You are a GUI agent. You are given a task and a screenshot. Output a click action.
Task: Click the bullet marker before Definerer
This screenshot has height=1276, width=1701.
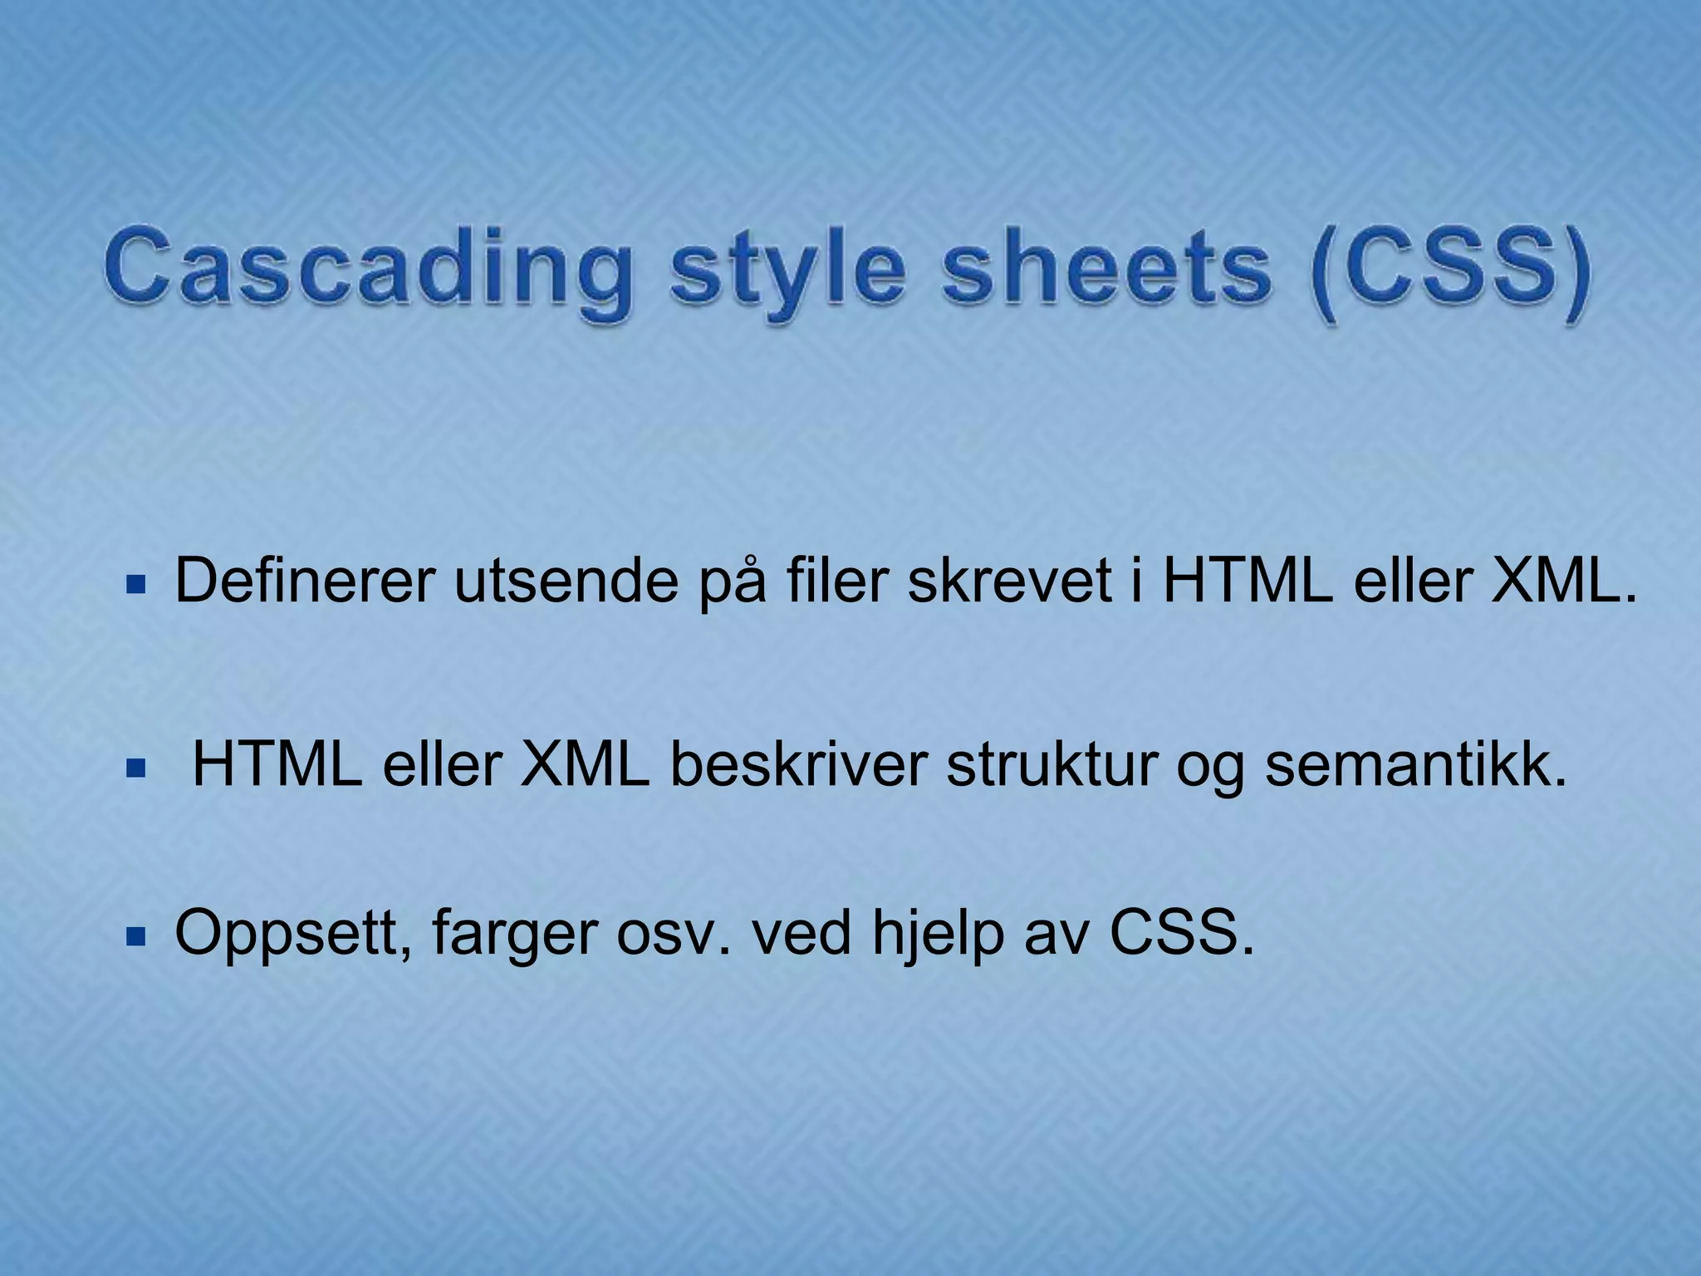point(135,586)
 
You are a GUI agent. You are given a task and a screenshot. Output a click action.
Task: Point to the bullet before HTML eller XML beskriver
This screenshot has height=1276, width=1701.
point(135,769)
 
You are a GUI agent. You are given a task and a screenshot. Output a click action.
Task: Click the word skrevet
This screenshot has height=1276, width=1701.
point(1008,582)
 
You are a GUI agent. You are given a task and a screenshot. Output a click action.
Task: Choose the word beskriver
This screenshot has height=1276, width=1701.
point(798,764)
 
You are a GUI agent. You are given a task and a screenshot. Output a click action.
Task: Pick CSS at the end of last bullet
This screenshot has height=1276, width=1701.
point(1180,933)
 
